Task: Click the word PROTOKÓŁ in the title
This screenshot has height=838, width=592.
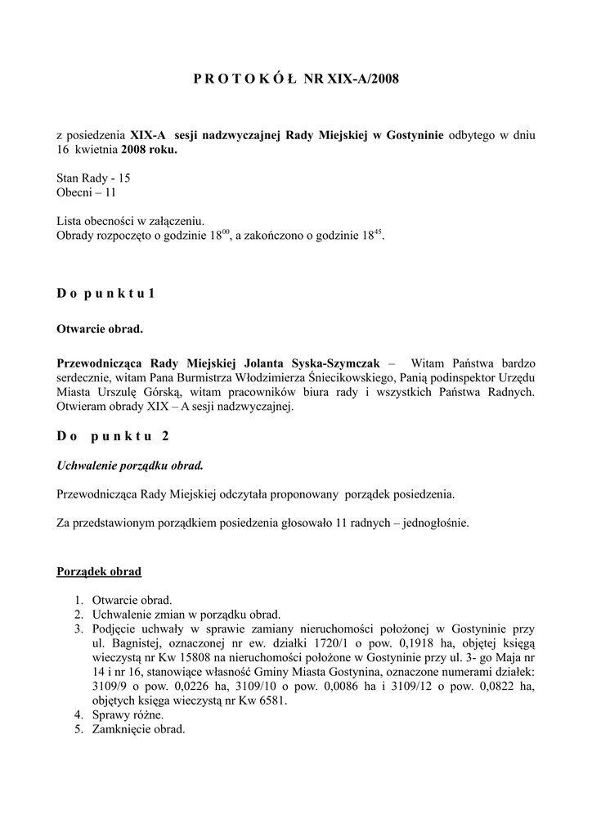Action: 245,79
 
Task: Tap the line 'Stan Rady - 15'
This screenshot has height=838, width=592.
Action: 92,178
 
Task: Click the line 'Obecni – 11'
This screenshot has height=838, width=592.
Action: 86,192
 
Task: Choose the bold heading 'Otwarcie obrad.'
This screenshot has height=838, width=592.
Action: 100,329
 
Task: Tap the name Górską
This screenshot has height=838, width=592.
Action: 157,392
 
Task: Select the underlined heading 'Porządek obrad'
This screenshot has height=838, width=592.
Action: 98,570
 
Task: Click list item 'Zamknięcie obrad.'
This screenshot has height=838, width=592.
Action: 139,729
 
